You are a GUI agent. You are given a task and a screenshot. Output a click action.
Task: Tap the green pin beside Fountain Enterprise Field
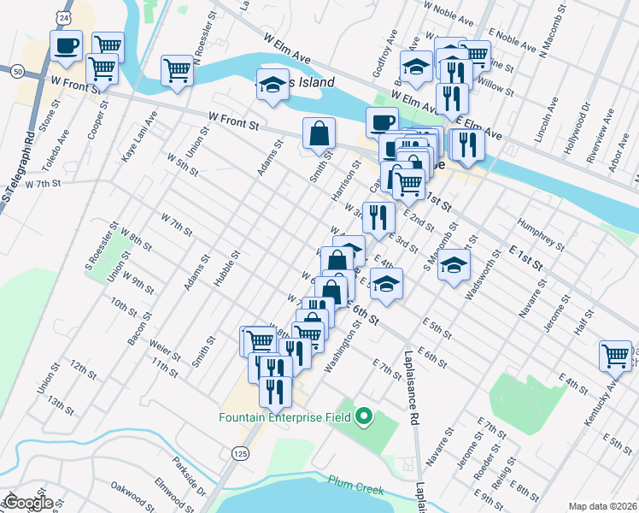pos(364,418)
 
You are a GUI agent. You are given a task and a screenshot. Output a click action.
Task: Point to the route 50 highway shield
pos(16,72)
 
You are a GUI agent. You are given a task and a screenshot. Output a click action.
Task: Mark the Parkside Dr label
pos(189,481)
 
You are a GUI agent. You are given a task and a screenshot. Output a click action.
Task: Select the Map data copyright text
pos(602,506)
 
